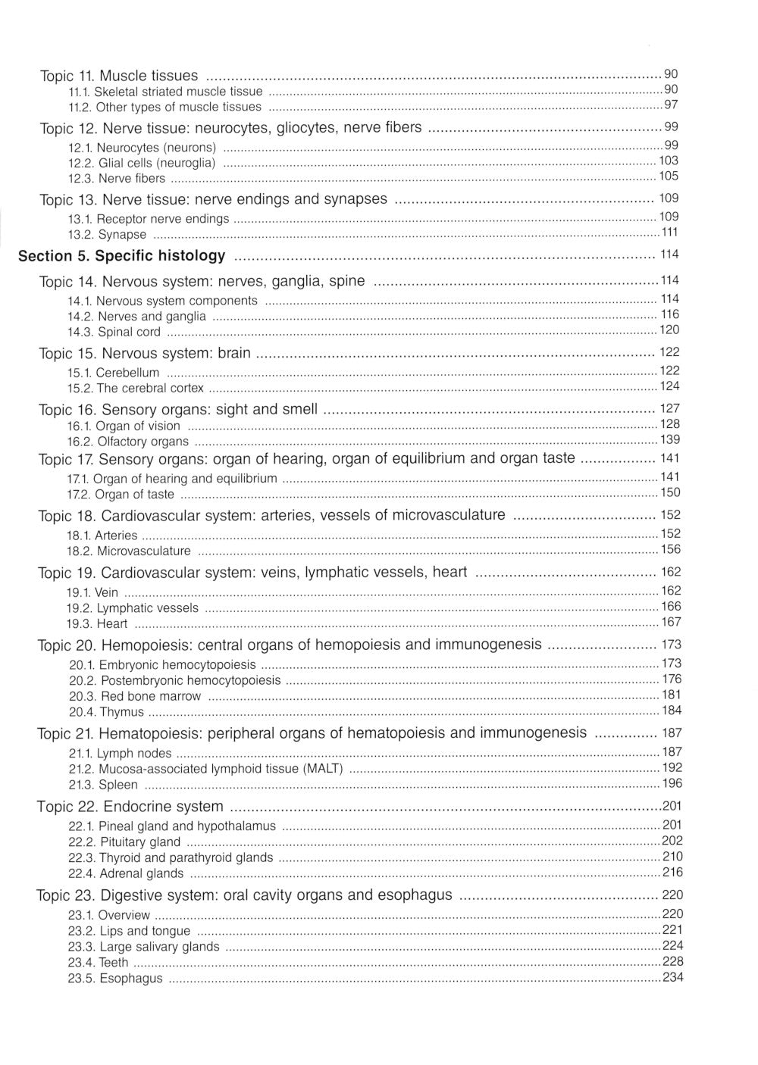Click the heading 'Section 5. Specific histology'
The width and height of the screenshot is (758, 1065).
click(x=121, y=256)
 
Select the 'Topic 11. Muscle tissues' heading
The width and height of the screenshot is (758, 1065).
click(x=119, y=76)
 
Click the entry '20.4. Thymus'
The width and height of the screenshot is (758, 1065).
click(x=106, y=712)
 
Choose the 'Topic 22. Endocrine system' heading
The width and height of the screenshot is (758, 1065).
click(x=130, y=807)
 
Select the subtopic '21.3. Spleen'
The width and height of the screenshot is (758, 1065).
click(x=103, y=785)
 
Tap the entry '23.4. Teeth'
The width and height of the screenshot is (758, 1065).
click(x=99, y=963)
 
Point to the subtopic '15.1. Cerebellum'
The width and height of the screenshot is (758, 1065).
click(x=113, y=373)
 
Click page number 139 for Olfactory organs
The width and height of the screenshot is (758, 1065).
click(x=670, y=440)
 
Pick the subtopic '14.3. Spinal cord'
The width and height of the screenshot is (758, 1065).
click(x=114, y=332)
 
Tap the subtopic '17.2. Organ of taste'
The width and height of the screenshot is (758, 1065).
click(x=121, y=495)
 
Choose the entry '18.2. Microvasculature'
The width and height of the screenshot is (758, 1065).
click(x=129, y=551)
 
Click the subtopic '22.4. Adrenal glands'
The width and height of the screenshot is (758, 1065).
click(x=126, y=873)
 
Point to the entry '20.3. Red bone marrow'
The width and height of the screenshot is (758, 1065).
click(x=135, y=696)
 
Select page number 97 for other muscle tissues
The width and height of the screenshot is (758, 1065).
click(x=671, y=105)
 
